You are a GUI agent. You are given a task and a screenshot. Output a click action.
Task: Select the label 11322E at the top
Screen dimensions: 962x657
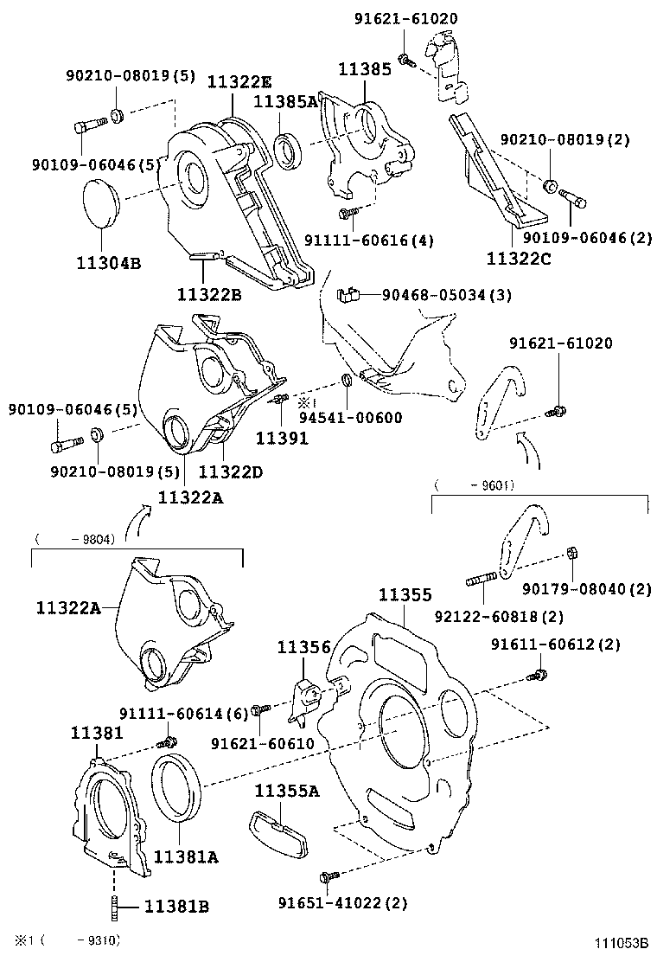pos(239,82)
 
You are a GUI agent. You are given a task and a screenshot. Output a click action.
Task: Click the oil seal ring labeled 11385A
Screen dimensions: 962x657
pos(289,148)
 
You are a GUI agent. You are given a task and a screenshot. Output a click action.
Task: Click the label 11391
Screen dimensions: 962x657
pos(281,439)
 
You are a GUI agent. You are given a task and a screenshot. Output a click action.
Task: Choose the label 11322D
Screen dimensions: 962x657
pos(230,471)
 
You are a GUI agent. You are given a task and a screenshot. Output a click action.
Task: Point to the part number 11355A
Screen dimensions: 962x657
pos(287,790)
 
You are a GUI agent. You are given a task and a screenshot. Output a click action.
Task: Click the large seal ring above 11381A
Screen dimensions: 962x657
pos(177,788)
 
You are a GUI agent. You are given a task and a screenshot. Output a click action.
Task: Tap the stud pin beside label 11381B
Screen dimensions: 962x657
pos(115,907)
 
